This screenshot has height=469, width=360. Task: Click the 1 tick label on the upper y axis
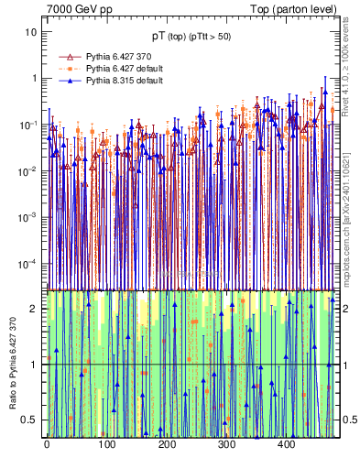(x=35, y=78)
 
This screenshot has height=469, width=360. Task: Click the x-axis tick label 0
(x=47, y=444)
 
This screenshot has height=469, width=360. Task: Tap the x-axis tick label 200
(x=167, y=444)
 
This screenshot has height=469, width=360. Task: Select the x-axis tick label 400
(x=286, y=444)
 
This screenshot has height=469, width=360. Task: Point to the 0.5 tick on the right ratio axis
(x=348, y=420)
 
